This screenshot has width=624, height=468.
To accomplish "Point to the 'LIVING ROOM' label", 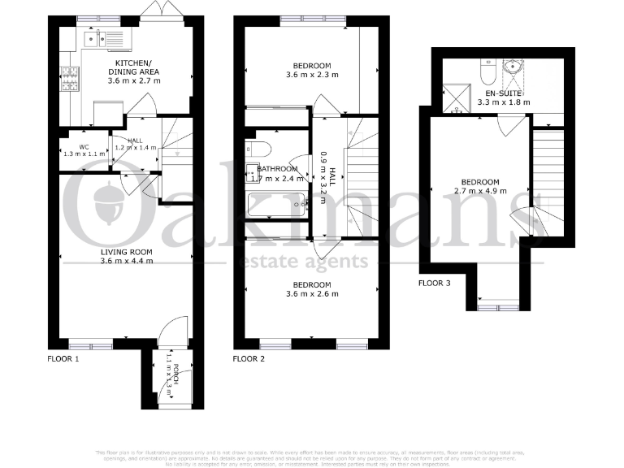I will click(x=125, y=252).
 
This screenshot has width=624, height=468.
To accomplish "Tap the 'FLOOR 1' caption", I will click(x=63, y=358).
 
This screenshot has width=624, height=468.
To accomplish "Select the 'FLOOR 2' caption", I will click(x=249, y=358).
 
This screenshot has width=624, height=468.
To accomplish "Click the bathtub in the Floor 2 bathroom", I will click(x=277, y=203).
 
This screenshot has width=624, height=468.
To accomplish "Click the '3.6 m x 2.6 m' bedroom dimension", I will click(x=312, y=294).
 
